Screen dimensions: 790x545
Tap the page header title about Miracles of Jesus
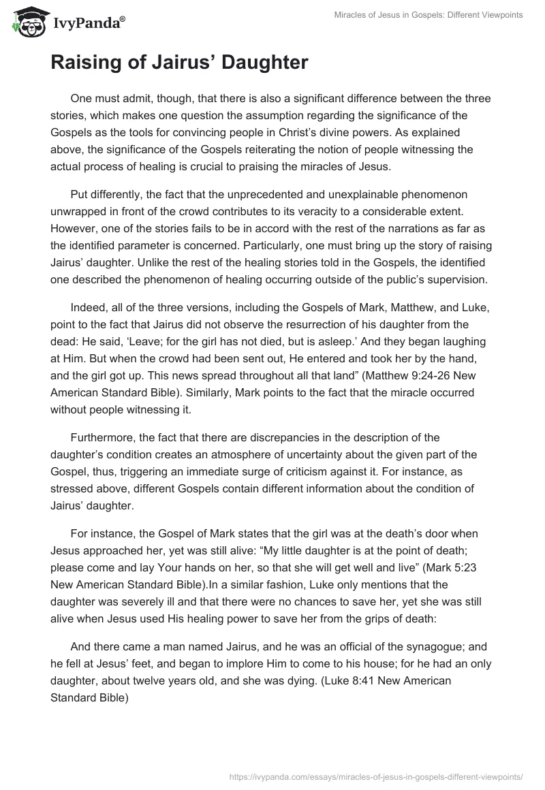tap(429, 16)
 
